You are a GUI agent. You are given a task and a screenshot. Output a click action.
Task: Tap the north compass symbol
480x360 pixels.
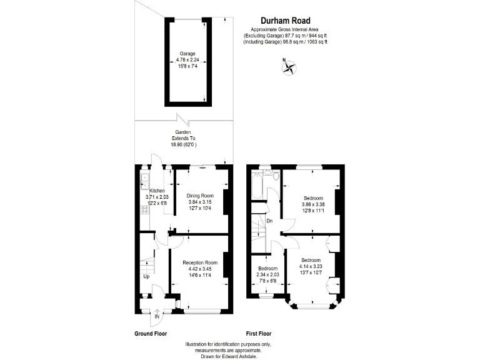(289, 67)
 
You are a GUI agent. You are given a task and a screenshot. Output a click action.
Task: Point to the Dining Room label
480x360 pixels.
(200, 196)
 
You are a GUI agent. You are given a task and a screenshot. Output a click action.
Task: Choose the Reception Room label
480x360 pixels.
(200, 262)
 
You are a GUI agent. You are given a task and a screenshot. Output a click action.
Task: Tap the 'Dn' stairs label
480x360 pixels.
(269, 221)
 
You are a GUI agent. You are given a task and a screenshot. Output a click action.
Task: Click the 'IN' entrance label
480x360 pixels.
(157, 317)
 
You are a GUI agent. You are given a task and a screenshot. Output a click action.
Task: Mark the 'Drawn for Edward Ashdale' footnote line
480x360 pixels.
(229, 356)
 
